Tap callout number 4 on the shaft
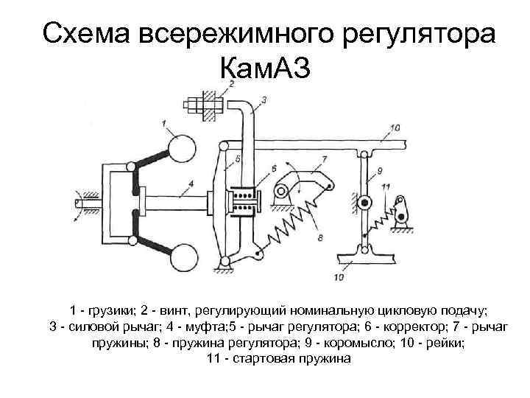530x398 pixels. click(191, 184)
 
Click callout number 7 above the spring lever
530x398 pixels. click(324, 158)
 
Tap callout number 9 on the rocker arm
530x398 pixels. click(379, 171)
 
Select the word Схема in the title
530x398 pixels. click(89, 33)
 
